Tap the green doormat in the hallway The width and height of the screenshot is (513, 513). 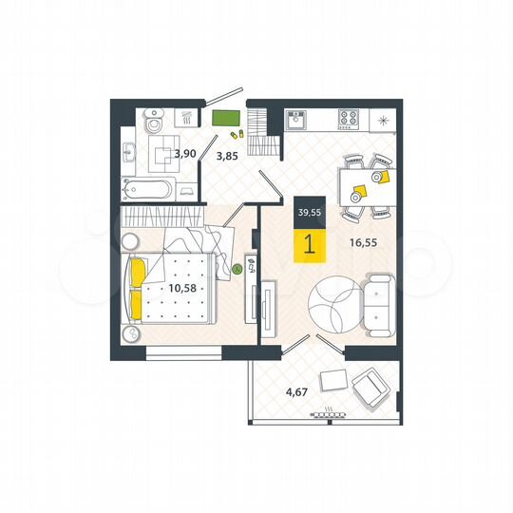coord(225,120)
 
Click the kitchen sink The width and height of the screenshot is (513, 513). coord(295,119)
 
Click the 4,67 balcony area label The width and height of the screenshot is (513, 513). coord(275,387)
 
